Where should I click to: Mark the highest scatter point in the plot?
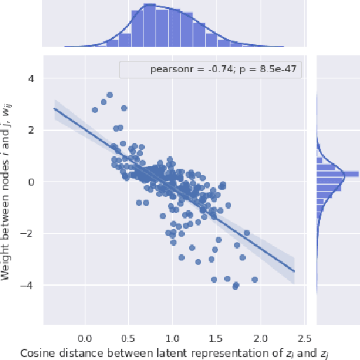[109, 95]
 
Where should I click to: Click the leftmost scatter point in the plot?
[95, 110]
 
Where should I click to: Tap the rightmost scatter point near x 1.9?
[255, 279]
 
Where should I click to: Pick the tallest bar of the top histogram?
[149, 28]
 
